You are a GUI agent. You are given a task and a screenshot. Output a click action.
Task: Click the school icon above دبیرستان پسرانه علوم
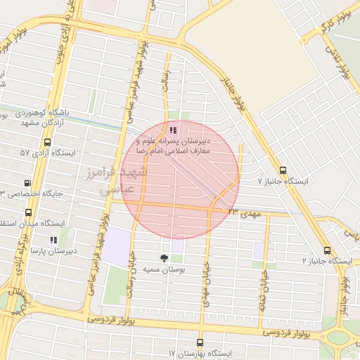click(x=173, y=129)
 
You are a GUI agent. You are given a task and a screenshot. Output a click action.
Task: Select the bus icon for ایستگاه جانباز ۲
click(x=327, y=250)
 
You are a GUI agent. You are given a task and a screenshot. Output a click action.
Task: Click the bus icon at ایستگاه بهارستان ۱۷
click(x=200, y=342)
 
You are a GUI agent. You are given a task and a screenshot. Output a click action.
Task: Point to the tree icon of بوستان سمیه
click(x=164, y=257)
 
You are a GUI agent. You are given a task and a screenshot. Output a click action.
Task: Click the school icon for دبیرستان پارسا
click(x=53, y=239)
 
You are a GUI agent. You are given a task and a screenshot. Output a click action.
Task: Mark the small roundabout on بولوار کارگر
click(x=306, y=35)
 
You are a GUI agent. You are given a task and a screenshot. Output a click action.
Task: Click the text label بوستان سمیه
click(x=163, y=269)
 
